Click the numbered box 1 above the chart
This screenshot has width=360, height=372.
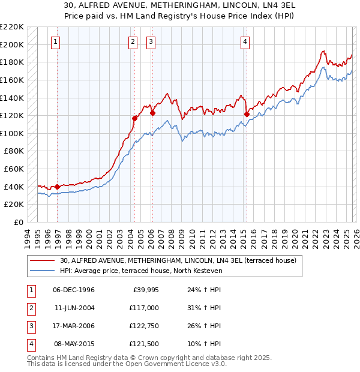click(56, 41)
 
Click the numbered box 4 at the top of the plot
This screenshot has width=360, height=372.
click(245, 41)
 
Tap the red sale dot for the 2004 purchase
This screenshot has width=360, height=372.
click(134, 118)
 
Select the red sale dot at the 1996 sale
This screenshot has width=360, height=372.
click(58, 187)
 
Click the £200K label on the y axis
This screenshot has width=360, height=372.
click(12, 44)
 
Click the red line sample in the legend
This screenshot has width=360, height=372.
click(43, 261)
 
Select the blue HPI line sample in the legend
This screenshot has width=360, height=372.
click(43, 271)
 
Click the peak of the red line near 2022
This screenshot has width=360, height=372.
click(323, 52)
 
